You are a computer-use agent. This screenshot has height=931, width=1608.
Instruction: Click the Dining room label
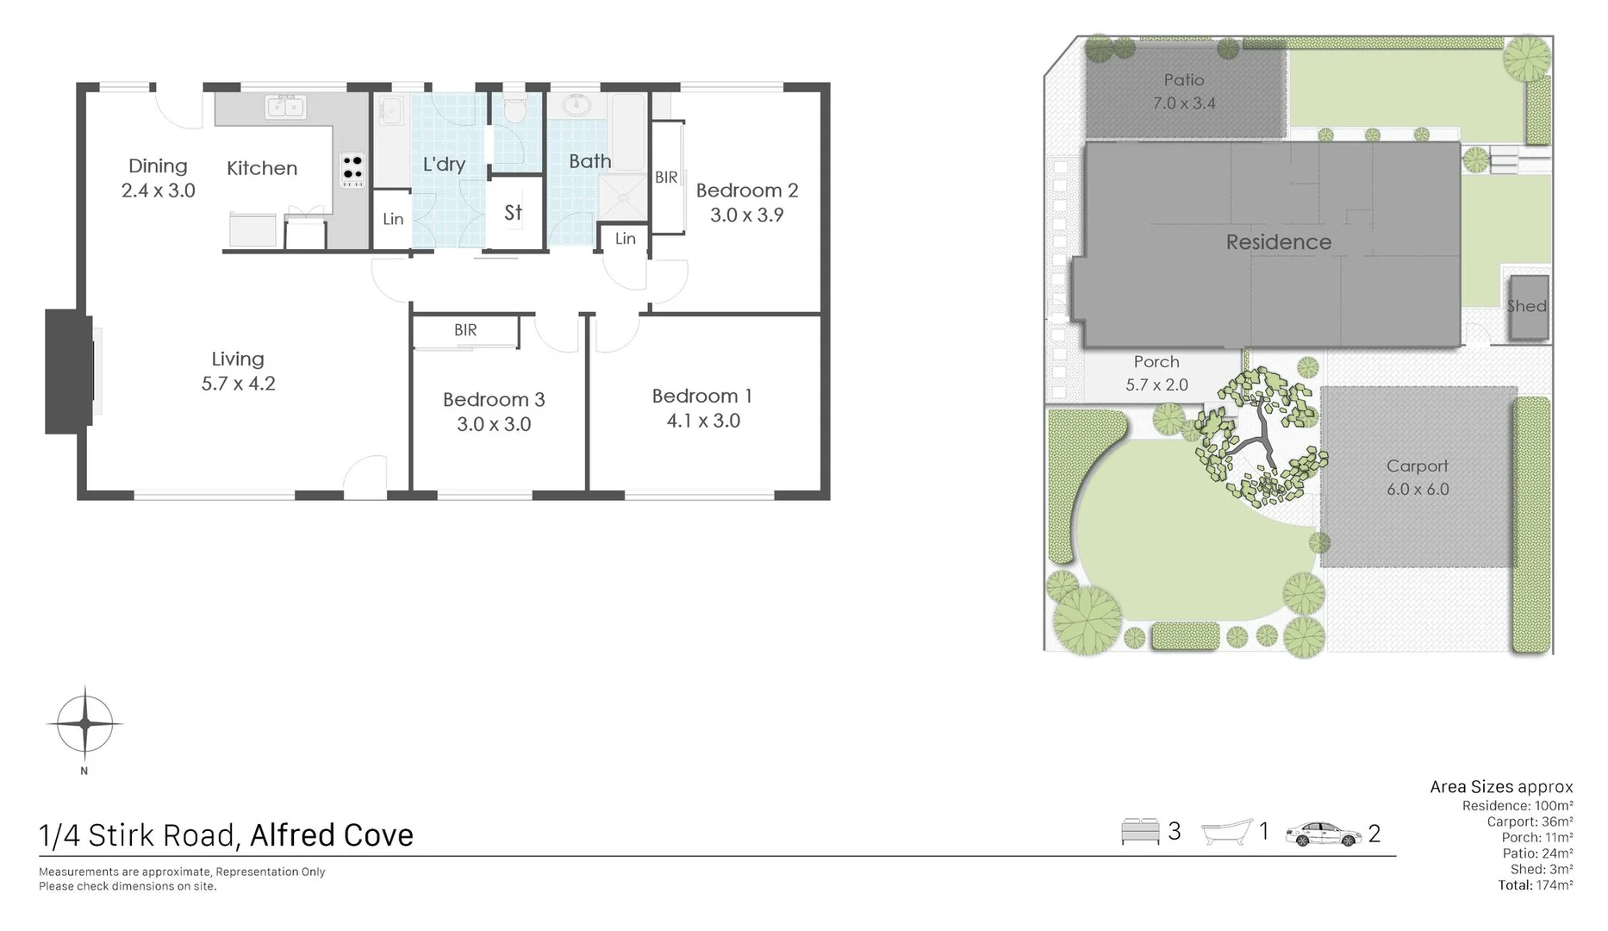pos(158,166)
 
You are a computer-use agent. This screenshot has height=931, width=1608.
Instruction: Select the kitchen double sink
pos(286,108)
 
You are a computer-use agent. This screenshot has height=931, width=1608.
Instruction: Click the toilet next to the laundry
pos(514,110)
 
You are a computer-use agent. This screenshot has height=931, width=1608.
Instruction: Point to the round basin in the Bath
pos(577,107)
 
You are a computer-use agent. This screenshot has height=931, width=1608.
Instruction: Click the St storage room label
pos(514,212)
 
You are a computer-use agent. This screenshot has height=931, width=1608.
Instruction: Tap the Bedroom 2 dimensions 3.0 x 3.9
pos(746,216)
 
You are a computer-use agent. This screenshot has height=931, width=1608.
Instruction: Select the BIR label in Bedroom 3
pos(465,330)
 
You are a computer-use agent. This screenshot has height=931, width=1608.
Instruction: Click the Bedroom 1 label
pos(701,396)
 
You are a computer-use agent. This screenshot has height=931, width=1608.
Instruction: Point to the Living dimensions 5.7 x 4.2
pos(238,384)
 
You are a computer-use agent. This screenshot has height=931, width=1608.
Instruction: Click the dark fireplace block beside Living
pos(69,371)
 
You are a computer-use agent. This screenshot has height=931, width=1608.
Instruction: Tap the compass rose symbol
pos(84,724)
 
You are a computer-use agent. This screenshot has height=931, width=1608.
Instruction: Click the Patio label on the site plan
pos(1183,80)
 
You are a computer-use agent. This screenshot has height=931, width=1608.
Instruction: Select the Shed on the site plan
pos(1527,306)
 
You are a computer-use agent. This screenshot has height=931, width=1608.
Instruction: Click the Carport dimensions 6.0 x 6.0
pos(1418,490)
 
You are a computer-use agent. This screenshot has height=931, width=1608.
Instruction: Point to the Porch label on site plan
pos(1156,362)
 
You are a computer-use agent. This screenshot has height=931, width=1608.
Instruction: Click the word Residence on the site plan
pos(1278,242)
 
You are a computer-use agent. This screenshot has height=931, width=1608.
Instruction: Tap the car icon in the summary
pos(1324,834)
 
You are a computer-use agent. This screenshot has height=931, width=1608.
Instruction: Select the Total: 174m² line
pos(1535,885)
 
